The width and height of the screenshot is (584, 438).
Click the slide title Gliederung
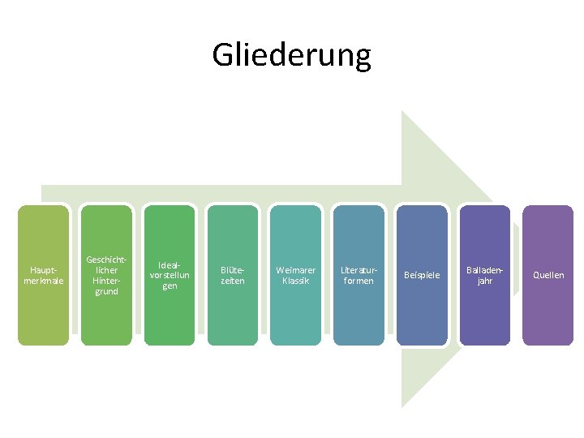pyautogui.click(x=291, y=55)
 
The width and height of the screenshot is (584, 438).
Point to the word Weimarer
pyautogui.click(x=296, y=270)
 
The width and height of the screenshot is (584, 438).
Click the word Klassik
pyautogui.click(x=296, y=281)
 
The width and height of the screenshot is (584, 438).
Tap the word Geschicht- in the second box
pyautogui.click(x=107, y=260)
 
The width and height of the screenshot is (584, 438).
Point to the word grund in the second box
pyautogui.click(x=106, y=291)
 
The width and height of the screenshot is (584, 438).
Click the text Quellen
pyautogui.click(x=548, y=275)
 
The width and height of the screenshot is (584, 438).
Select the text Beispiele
pyautogui.click(x=422, y=275)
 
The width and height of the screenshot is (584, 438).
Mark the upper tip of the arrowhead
pyautogui.click(x=404, y=114)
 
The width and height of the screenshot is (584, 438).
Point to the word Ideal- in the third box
pyautogui.click(x=170, y=264)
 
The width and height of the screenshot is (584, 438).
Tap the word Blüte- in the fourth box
pyautogui.click(x=233, y=270)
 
